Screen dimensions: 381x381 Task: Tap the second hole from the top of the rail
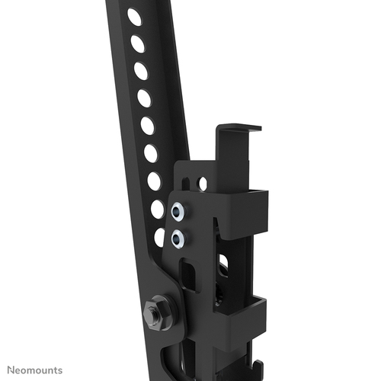(138, 43)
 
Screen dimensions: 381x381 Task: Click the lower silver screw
(178, 238)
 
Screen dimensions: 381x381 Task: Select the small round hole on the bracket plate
(202, 183)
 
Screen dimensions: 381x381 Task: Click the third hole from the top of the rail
(141, 70)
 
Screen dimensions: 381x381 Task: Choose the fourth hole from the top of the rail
(144, 98)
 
